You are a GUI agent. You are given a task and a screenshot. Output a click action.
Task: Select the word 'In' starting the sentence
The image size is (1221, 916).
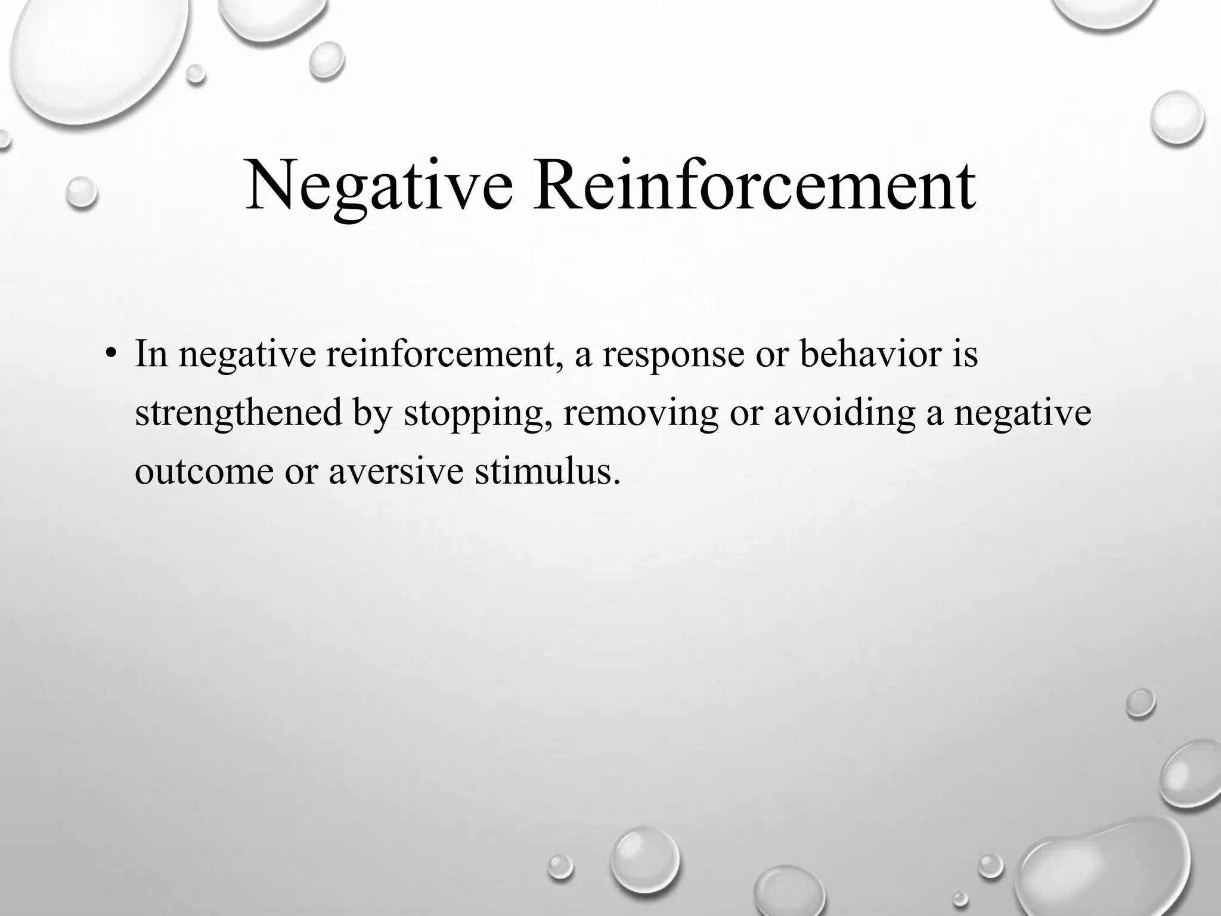tap(151, 354)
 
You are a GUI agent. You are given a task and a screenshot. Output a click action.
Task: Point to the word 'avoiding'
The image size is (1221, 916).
tap(844, 413)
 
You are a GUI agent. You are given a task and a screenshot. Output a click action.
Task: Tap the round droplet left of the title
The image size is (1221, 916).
tap(81, 193)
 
